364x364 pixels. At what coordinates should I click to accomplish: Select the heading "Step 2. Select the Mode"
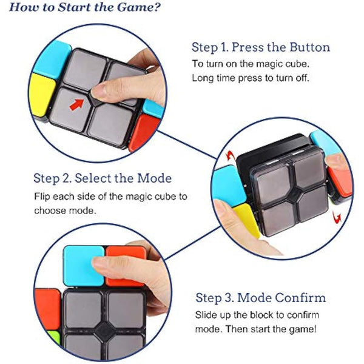tap(103, 178)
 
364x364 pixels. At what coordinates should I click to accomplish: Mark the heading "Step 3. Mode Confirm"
tap(260, 298)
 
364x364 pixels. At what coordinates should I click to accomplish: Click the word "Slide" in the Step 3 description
tap(206, 316)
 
